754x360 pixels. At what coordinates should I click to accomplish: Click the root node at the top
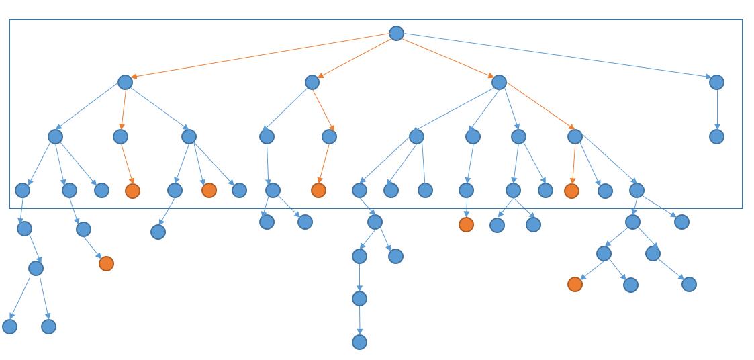pos(396,33)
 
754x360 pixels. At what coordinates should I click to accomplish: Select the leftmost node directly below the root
pos(125,82)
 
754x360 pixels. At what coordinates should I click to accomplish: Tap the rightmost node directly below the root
pos(716,82)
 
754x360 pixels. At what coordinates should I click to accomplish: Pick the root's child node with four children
pos(499,82)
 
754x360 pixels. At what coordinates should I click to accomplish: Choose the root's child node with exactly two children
pos(312,82)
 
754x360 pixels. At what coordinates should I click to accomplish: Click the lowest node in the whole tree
pos(359,342)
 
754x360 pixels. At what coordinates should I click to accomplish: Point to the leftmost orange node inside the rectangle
pos(132,191)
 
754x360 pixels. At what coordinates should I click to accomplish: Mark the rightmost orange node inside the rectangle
pos(571,191)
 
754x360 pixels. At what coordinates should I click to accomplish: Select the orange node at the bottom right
pos(575,284)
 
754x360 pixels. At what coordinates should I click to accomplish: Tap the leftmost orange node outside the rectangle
pos(106,263)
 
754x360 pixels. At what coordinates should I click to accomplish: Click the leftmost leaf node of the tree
pos(9,326)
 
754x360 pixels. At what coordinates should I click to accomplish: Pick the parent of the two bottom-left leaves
pos(36,268)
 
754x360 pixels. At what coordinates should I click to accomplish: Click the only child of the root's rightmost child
pos(716,136)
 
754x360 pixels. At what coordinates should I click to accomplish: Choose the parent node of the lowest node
pos(359,298)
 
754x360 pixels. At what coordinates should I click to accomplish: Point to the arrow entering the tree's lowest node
pos(359,320)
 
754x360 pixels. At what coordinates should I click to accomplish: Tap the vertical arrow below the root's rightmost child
pos(716,109)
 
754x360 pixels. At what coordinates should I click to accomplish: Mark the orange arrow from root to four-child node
pos(447,57)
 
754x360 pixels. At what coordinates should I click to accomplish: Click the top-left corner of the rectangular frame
pos(9,19)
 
